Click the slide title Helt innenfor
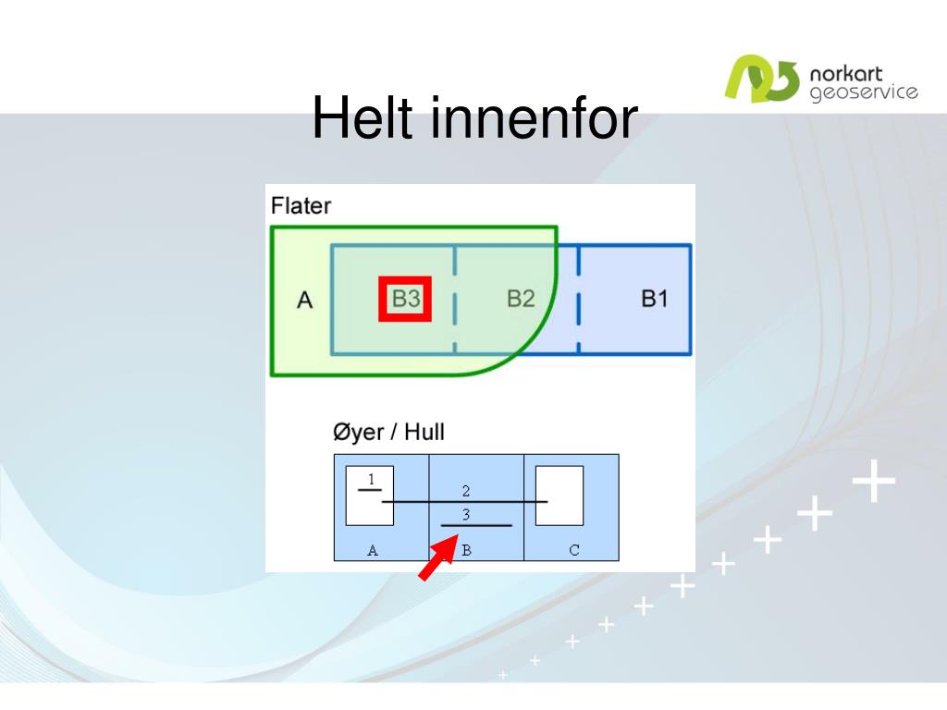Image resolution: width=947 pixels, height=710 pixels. point(474,117)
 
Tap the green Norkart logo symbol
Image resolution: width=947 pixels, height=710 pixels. point(762,79)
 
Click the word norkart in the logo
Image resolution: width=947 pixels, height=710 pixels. point(845,74)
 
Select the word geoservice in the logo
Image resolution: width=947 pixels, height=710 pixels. point(864,92)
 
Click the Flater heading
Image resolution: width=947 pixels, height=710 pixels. point(301,206)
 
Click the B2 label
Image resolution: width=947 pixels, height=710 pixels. point(521,299)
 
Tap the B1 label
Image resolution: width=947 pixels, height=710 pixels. point(654,299)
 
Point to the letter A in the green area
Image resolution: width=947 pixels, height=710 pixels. point(304,300)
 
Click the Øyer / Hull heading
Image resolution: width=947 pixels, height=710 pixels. point(388,433)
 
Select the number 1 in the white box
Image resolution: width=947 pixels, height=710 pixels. point(371,480)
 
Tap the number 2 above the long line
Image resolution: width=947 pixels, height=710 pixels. point(466,491)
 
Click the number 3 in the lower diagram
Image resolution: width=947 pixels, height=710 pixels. point(466,514)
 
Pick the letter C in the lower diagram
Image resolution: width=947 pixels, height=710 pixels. point(573,550)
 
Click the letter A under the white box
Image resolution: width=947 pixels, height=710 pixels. point(373,550)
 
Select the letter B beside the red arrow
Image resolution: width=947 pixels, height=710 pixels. point(466,550)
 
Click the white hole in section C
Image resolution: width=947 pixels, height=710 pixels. point(560,496)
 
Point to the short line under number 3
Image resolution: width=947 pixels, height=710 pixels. point(476,526)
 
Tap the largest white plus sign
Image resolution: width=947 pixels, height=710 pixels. point(873,481)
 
